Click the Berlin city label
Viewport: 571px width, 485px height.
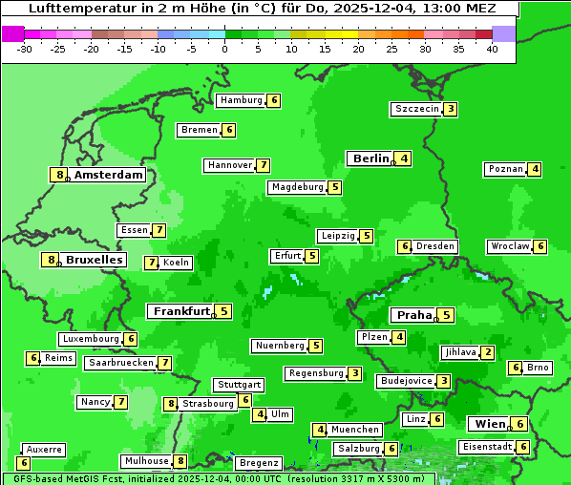click(x=370, y=158)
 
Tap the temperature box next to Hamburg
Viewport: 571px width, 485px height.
click(x=274, y=100)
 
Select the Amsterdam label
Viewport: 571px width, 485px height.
click(x=109, y=175)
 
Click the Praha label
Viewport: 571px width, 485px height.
click(x=414, y=315)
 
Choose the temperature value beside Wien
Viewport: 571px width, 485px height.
click(x=519, y=424)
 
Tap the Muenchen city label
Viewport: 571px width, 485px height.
click(x=356, y=430)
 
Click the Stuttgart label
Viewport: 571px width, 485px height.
click(x=239, y=385)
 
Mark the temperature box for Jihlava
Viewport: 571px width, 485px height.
click(x=488, y=352)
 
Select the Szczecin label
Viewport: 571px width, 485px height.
click(x=417, y=109)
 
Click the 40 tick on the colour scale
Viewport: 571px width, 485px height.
click(x=492, y=49)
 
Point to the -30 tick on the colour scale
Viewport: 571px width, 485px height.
click(x=24, y=49)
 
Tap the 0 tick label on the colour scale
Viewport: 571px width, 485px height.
click(x=224, y=49)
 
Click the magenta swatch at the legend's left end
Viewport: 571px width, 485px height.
click(x=12, y=33)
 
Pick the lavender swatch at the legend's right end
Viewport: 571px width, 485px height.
click(x=503, y=33)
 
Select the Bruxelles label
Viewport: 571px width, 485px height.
click(x=94, y=260)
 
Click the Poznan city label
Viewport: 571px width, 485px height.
click(x=506, y=169)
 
